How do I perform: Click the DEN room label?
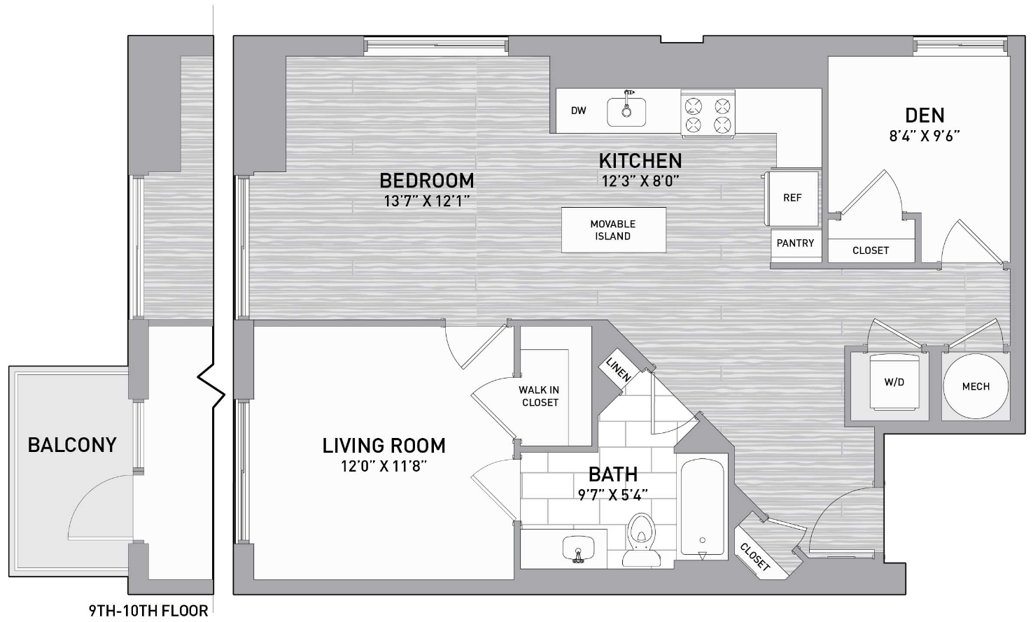point(925,115)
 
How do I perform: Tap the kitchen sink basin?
point(626,112)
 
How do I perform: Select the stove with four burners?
point(708,113)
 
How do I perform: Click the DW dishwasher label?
point(578,111)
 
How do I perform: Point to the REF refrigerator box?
point(792,198)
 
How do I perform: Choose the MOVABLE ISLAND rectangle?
point(613,230)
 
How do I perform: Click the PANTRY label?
point(795,243)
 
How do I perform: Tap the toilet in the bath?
point(642,540)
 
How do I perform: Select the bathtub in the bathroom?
point(703,507)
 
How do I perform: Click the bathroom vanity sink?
point(578,549)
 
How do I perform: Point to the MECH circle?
point(976,386)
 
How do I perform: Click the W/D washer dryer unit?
point(894,382)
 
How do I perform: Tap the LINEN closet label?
point(618,369)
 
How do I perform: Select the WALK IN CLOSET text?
point(539,396)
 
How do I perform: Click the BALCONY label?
point(72,445)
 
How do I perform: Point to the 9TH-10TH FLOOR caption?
point(148,611)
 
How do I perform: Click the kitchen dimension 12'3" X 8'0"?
point(640,181)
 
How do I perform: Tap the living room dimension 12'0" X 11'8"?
point(384,467)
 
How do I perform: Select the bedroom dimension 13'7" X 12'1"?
point(427,201)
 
